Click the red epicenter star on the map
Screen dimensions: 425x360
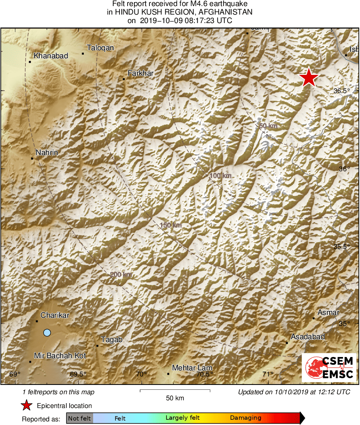click(x=309, y=77)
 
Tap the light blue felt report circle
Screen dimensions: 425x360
click(x=47, y=333)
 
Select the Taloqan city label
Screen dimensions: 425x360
click(x=100, y=48)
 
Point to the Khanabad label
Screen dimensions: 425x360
click(x=51, y=56)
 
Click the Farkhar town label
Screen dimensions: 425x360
click(x=141, y=73)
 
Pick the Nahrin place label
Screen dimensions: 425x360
click(x=47, y=153)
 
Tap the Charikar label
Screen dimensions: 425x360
click(x=55, y=315)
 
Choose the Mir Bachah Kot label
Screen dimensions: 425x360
click(x=60, y=356)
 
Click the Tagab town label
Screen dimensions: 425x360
click(x=111, y=340)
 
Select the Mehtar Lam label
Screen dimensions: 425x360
click(x=192, y=368)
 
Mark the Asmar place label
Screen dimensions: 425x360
click(x=328, y=312)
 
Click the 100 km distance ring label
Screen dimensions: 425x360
click(x=221, y=176)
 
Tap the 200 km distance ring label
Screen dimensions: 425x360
click(x=121, y=275)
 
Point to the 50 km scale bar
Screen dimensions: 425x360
click(x=175, y=391)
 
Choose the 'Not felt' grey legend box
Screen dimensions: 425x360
click(x=80, y=418)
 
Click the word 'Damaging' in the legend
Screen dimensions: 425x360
click(x=245, y=418)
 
